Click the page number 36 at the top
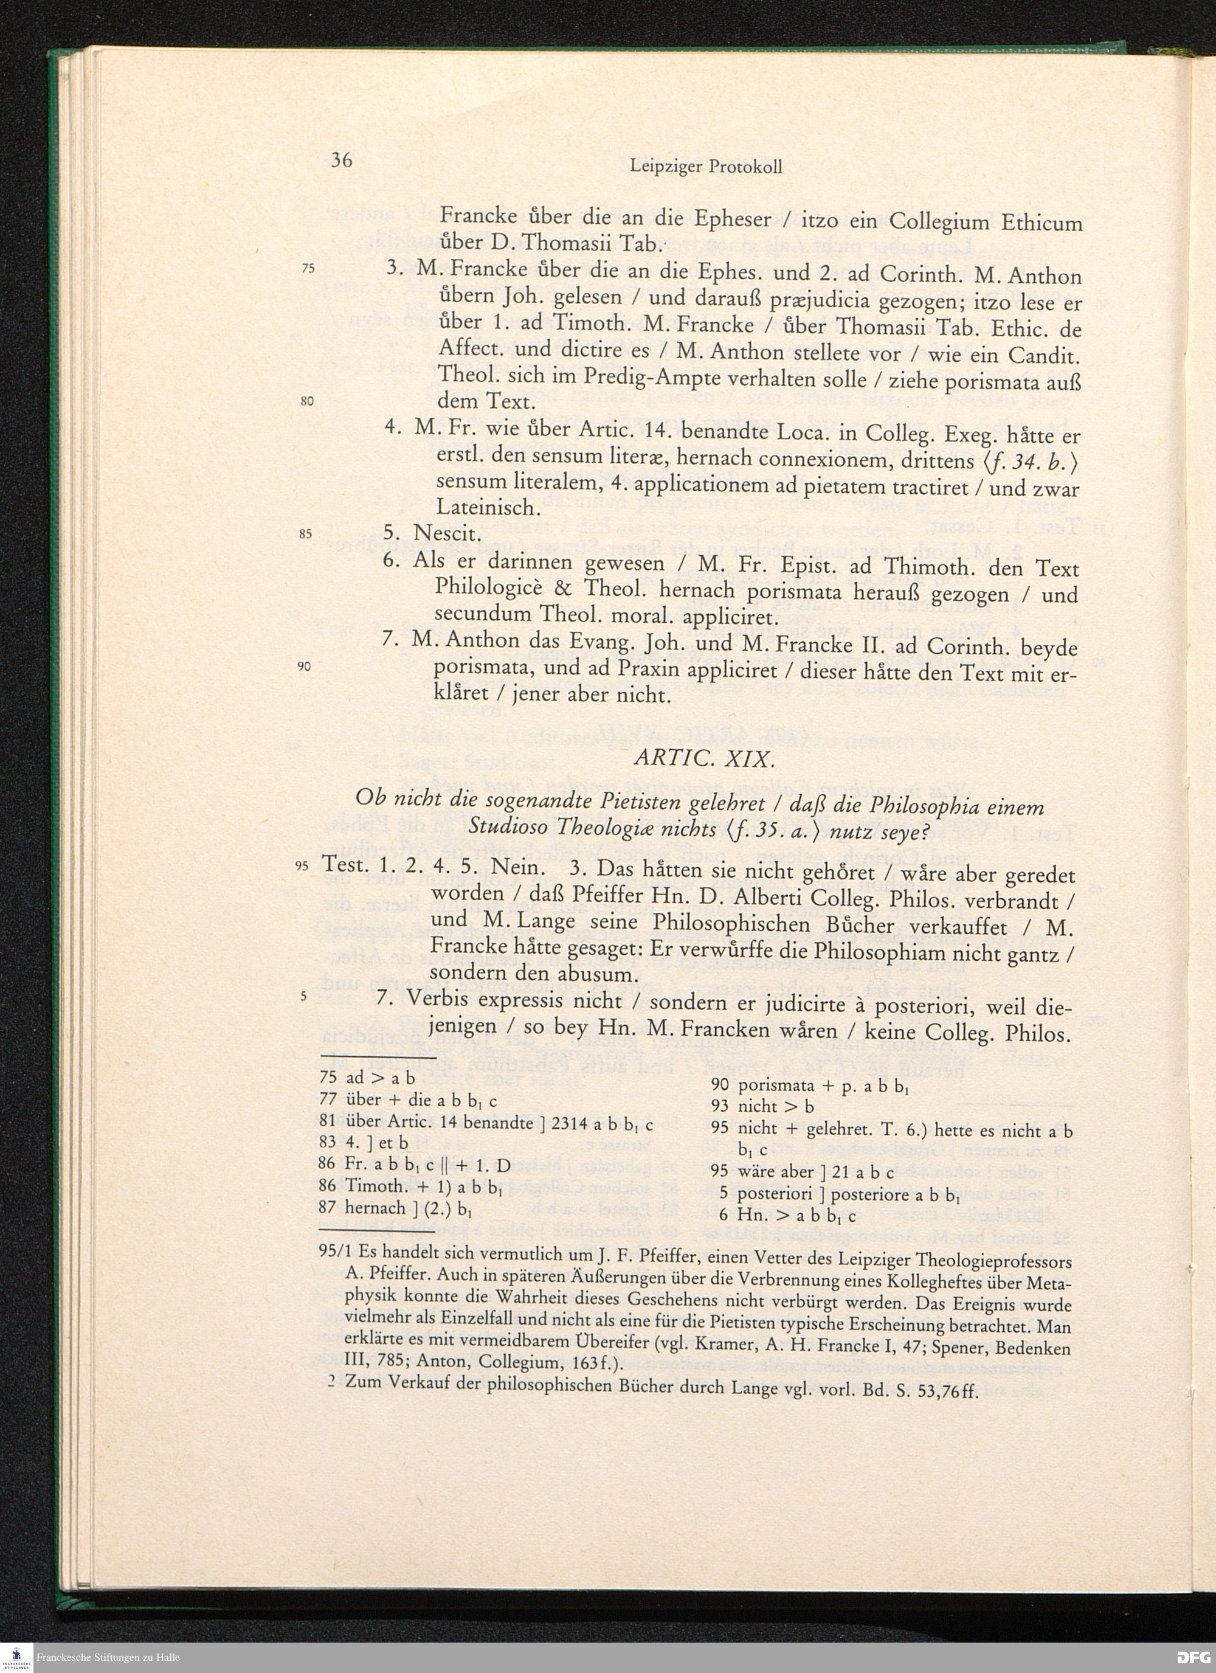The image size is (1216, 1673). pyautogui.click(x=342, y=160)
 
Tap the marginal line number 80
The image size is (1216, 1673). pyautogui.click(x=308, y=402)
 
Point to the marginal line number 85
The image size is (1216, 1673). pyautogui.click(x=308, y=533)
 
